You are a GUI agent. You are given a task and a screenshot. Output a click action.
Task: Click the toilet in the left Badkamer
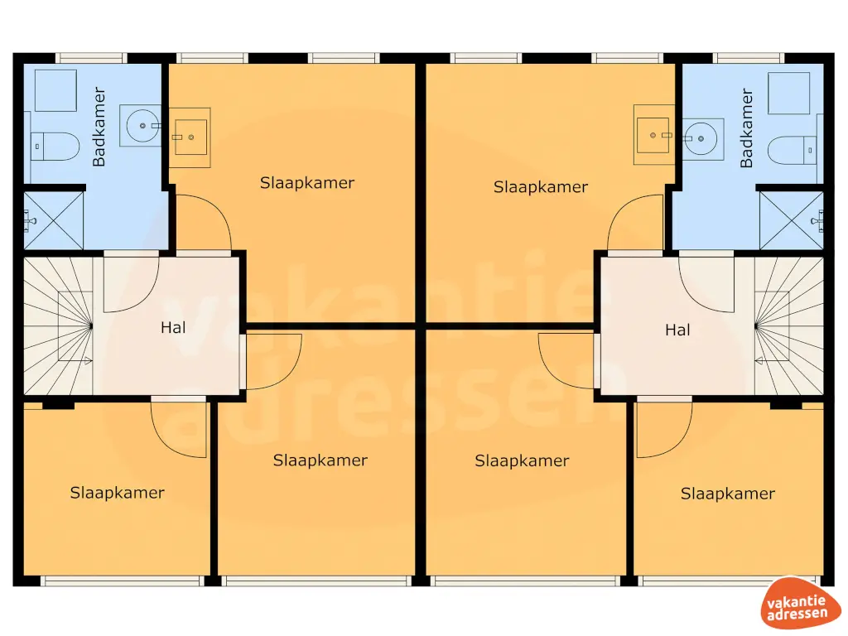[x=56, y=147]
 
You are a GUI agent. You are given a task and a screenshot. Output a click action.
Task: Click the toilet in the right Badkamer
[x=792, y=150]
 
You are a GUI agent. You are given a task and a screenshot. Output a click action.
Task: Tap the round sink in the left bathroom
[x=142, y=126]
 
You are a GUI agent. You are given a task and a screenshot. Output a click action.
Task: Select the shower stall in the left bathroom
[x=55, y=220]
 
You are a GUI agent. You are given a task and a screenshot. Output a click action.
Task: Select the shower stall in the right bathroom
[x=792, y=220]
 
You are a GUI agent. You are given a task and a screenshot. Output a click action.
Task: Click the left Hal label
[x=173, y=327]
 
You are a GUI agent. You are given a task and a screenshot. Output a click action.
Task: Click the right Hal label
[x=677, y=330]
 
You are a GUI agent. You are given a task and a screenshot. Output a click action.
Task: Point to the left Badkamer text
[x=99, y=127]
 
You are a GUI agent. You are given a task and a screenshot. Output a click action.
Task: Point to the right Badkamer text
[x=747, y=128]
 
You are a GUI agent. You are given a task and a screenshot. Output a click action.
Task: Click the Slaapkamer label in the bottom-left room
[x=117, y=493]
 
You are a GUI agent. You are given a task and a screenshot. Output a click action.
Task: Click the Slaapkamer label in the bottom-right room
[x=727, y=494]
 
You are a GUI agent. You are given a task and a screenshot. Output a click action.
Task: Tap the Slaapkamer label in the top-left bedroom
[x=306, y=183]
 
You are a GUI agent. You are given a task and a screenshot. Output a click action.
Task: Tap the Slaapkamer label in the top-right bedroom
[x=541, y=187]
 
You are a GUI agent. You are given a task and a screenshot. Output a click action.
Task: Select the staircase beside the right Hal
[x=788, y=325]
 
